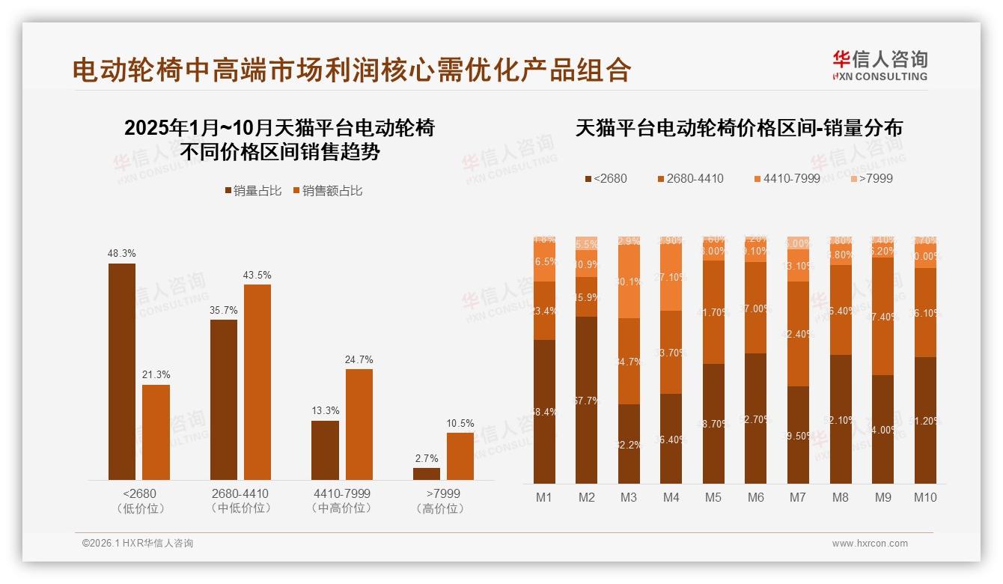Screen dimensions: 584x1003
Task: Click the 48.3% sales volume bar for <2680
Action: tap(122, 371)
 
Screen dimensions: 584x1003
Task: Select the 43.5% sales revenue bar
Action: tap(257, 382)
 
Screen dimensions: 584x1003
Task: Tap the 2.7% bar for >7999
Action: tap(427, 474)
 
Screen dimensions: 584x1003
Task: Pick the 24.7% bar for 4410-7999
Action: tap(359, 425)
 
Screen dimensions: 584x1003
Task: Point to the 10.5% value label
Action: tap(460, 423)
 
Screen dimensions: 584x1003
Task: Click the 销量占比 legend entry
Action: tap(254, 191)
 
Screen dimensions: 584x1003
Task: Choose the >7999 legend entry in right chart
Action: tap(872, 178)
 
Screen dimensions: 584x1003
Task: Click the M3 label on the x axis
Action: tap(629, 497)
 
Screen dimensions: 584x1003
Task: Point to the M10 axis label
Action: tap(925, 497)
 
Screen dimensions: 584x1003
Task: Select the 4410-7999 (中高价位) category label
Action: tap(343, 501)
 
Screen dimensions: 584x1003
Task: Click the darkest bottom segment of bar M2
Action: tap(587, 400)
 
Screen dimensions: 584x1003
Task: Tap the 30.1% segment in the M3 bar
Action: tap(629, 282)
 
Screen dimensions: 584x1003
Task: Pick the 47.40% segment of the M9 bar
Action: tap(883, 316)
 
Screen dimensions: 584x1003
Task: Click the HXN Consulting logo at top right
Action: tap(879, 65)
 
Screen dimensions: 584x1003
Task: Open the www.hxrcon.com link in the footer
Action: tap(870, 544)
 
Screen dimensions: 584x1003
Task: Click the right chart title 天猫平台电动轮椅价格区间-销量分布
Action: tap(739, 128)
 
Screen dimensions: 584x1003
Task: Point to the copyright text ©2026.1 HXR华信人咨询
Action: tap(138, 544)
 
